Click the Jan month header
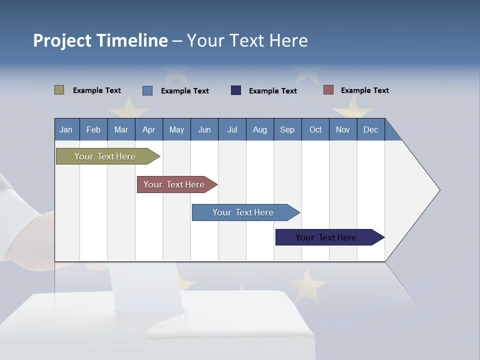pyautogui.click(x=66, y=129)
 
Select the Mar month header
pyautogui.click(x=121, y=129)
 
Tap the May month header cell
pyautogui.click(x=176, y=129)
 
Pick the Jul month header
pyautogui.click(x=232, y=129)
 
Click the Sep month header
pyautogui.click(x=287, y=129)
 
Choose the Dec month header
pyautogui.click(x=370, y=129)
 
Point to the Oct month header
pyautogui.click(x=315, y=129)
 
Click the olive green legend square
pyautogui.click(x=59, y=90)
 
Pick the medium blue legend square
pyautogui.click(x=147, y=90)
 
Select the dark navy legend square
pyautogui.click(x=236, y=90)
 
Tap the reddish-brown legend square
pyautogui.click(x=328, y=90)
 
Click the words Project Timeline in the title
pyautogui.click(x=100, y=40)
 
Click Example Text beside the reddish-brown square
pyautogui.click(x=364, y=90)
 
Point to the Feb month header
pyautogui.click(x=93, y=129)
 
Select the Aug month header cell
pyautogui.click(x=259, y=129)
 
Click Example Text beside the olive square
pyautogui.click(x=97, y=90)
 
